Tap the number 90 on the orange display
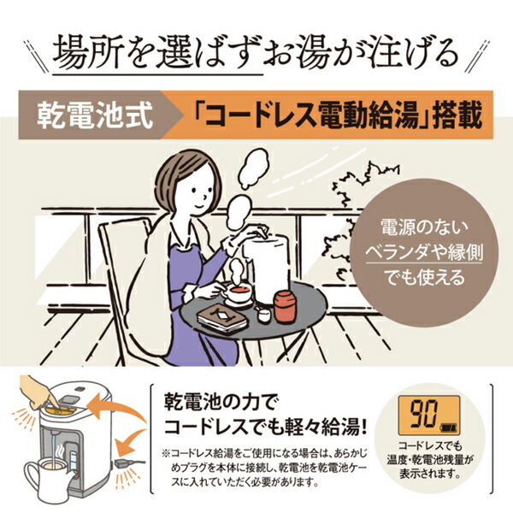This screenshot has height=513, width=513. pos(419,417)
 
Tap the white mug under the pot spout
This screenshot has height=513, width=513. pos(43,475)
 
